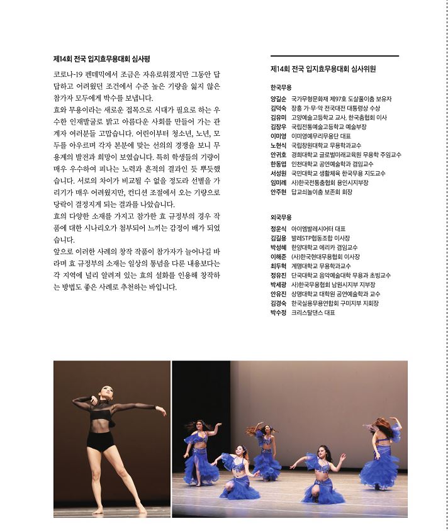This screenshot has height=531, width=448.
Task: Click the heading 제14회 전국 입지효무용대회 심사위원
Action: (323, 69)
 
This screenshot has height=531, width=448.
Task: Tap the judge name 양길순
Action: (278, 99)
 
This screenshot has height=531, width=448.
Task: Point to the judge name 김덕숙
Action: (278, 108)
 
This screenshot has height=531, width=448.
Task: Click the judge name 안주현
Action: (278, 192)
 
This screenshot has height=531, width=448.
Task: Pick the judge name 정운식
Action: (278, 229)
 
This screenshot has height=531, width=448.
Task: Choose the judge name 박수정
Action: (278, 312)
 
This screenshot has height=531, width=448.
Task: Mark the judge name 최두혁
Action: (278, 266)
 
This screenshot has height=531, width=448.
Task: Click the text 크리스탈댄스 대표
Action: (313, 312)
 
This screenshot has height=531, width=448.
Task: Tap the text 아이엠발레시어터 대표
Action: (318, 229)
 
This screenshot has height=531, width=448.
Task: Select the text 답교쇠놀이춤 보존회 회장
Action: (322, 192)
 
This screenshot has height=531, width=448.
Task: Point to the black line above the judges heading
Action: (333, 56)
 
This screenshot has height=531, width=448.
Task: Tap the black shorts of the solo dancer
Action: (100, 440)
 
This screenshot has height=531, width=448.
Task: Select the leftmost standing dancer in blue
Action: (199, 453)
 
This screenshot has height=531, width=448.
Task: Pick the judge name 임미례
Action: (278, 182)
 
